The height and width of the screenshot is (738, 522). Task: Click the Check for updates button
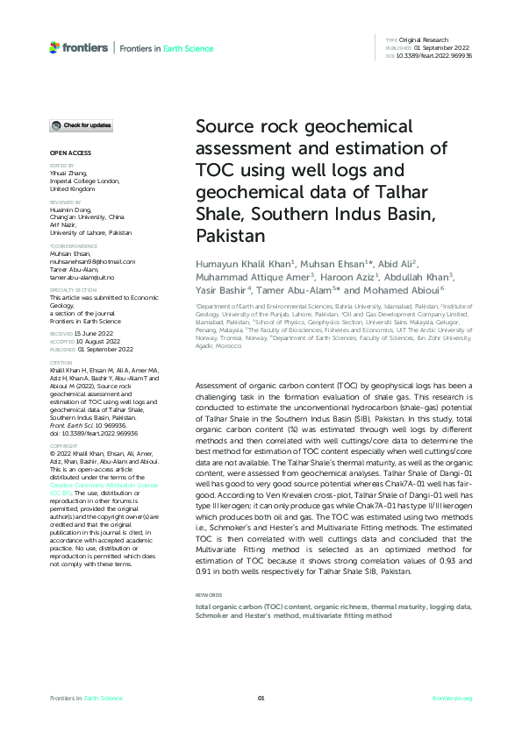tap(81, 126)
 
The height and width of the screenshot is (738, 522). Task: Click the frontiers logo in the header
tap(79, 47)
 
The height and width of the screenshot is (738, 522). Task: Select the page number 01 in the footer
tap(261, 698)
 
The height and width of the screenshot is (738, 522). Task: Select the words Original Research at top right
tap(425, 40)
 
